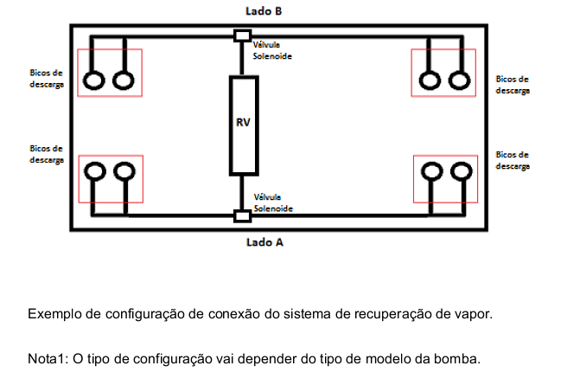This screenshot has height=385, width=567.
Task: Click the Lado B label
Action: pos(264,11)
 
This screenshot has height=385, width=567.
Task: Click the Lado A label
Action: pos(264,242)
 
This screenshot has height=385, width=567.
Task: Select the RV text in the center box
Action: pos(243,122)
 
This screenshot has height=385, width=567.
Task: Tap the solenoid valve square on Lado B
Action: pos(242,35)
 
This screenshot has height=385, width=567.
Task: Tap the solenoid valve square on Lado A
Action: pos(242,216)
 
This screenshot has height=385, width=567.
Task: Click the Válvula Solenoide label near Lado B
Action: pos(272,50)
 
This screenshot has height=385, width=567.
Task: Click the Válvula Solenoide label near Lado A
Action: pos(273,202)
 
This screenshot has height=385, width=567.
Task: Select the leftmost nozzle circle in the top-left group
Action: pos(94,80)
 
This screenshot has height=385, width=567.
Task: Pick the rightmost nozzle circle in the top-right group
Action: pos(459,80)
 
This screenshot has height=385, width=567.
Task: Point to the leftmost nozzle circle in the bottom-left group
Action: pos(95,171)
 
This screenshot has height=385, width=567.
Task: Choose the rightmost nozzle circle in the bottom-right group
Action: pos(462,171)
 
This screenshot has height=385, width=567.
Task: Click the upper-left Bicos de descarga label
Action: pos(47,79)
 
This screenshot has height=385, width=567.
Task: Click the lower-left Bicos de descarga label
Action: pos(47,154)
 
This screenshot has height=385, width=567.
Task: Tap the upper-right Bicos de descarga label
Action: pos(513,85)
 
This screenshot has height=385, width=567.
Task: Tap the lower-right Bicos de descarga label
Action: pos(513,160)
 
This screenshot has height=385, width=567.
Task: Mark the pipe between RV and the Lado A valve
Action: pos(241,193)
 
